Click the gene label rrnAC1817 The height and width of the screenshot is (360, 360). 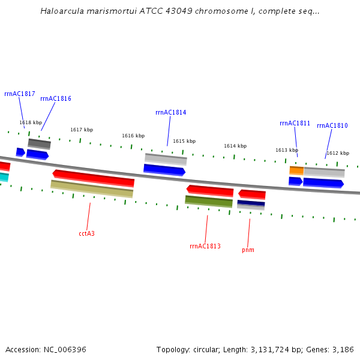point(19,94)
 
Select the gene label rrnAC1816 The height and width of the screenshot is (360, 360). point(56,98)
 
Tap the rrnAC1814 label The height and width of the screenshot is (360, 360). point(170,112)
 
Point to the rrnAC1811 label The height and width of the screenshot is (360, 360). point(295,123)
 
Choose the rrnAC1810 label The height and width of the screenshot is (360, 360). point(332,125)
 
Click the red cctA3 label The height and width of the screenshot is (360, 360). point(86,233)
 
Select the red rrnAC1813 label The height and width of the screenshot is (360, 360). point(205,246)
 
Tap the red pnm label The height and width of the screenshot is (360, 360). point(248,250)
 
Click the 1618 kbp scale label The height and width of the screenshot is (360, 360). point(31,122)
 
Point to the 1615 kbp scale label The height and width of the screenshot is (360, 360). point(184,141)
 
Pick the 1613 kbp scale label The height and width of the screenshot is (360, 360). point(287,150)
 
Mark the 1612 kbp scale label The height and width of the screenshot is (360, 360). point(338,153)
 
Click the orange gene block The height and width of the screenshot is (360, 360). point(296,170)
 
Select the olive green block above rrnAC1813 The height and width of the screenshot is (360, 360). point(209,202)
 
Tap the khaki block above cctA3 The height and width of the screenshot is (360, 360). point(92,188)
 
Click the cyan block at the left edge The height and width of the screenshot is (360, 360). point(4,177)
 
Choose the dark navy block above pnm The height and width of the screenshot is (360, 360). point(251,204)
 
